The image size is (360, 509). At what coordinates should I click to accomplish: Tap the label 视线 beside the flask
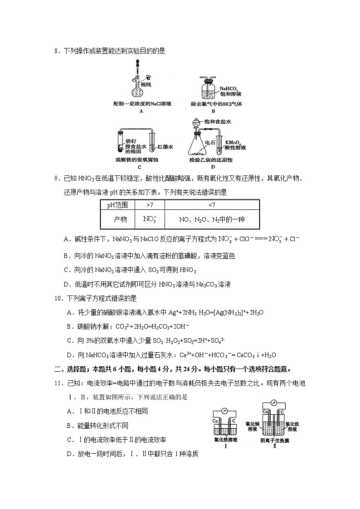click(146, 84)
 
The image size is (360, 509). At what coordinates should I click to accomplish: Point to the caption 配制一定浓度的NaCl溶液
click(141, 104)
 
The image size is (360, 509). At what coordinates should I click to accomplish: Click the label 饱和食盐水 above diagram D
click(218, 121)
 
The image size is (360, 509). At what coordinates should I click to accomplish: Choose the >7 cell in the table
click(150, 205)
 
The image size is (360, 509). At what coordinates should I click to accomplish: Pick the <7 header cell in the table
click(212, 205)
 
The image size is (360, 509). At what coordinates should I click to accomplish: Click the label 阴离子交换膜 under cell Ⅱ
click(274, 440)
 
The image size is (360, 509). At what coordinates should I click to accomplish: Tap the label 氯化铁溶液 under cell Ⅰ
click(225, 439)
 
